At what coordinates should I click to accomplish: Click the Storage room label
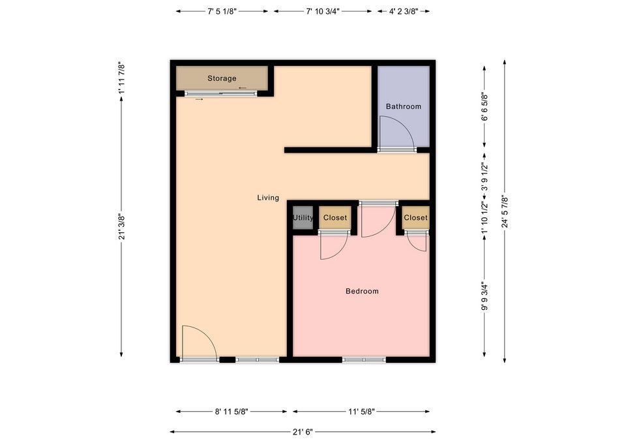tap(222, 78)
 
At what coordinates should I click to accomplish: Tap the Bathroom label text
tap(403, 106)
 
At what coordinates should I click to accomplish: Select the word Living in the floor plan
tap(268, 197)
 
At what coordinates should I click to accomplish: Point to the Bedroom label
tap(362, 291)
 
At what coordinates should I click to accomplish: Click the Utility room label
tap(303, 218)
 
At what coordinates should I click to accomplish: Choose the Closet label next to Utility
tap(335, 217)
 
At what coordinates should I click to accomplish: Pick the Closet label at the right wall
tap(415, 217)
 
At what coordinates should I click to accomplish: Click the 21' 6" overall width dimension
tap(303, 432)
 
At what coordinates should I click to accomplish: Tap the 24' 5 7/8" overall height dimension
tap(505, 211)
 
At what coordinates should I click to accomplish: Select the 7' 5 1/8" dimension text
tap(222, 11)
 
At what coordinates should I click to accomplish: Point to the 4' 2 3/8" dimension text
tap(404, 11)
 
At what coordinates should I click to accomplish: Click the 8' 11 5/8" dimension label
tap(231, 412)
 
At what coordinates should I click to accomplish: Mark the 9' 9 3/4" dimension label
tap(484, 296)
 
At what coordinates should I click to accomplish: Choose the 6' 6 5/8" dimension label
tap(484, 106)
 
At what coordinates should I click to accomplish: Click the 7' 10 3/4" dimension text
tap(323, 11)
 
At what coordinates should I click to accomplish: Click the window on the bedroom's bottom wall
tap(364, 360)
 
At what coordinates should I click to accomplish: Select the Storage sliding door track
tap(221, 94)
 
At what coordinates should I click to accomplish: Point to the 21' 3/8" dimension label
tap(122, 227)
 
